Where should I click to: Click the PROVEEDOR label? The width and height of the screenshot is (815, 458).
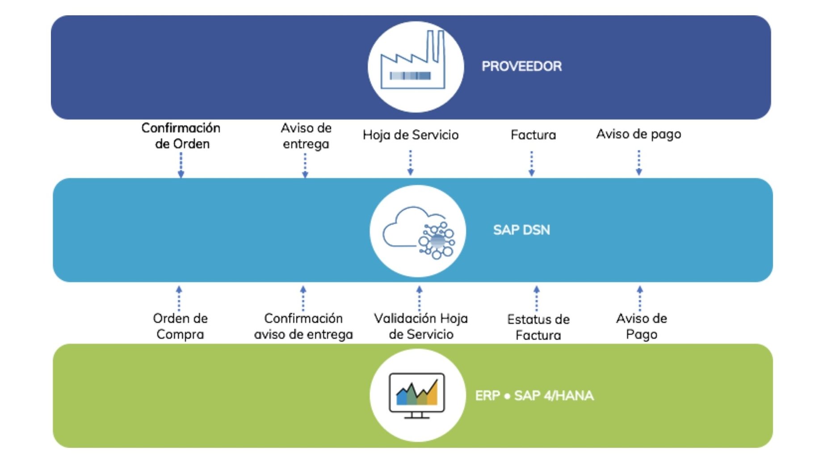(x=521, y=66)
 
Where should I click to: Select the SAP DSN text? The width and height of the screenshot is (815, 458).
(x=521, y=230)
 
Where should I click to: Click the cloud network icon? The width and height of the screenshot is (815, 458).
(x=418, y=231)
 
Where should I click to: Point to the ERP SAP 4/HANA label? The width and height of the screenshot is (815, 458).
(x=534, y=396)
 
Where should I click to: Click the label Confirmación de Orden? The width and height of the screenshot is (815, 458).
(x=181, y=136)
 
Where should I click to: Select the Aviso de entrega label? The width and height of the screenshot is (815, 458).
(x=306, y=136)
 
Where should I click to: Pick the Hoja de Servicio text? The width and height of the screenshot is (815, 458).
(x=410, y=135)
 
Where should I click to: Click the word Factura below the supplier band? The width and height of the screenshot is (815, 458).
(x=533, y=135)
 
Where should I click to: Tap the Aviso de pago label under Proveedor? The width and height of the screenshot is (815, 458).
(x=639, y=134)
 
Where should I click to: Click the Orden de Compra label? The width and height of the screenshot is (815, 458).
(x=180, y=326)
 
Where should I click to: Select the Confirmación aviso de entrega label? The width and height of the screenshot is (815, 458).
(x=303, y=326)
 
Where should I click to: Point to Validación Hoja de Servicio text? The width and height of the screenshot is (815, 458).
(x=420, y=326)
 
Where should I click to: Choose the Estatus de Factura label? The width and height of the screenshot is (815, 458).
(x=538, y=327)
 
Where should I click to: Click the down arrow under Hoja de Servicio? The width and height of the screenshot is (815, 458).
(x=410, y=163)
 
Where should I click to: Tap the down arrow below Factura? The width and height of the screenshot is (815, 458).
(x=531, y=164)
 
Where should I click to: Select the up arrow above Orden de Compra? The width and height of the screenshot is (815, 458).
(x=179, y=298)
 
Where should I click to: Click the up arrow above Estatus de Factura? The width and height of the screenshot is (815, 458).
(x=537, y=298)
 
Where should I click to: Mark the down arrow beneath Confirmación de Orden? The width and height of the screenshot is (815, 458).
(x=181, y=165)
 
